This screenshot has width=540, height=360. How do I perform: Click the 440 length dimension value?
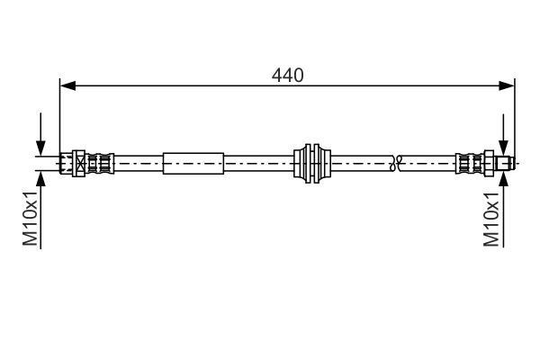288,76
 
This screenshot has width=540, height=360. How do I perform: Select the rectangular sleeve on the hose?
193,164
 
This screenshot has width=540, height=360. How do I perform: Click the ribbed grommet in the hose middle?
312,164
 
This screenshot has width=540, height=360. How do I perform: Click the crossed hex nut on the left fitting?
80,164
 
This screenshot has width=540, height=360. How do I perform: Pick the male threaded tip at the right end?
508,164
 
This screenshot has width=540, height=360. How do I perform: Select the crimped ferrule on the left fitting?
101,164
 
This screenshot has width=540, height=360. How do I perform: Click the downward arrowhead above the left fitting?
40,149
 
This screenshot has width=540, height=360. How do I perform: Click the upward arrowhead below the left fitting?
40,178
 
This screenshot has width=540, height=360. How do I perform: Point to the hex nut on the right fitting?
490,164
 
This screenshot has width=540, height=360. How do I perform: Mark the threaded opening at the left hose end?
66,164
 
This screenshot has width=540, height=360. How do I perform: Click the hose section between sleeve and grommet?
258,164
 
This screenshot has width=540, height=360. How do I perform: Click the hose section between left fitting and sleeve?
139,164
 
